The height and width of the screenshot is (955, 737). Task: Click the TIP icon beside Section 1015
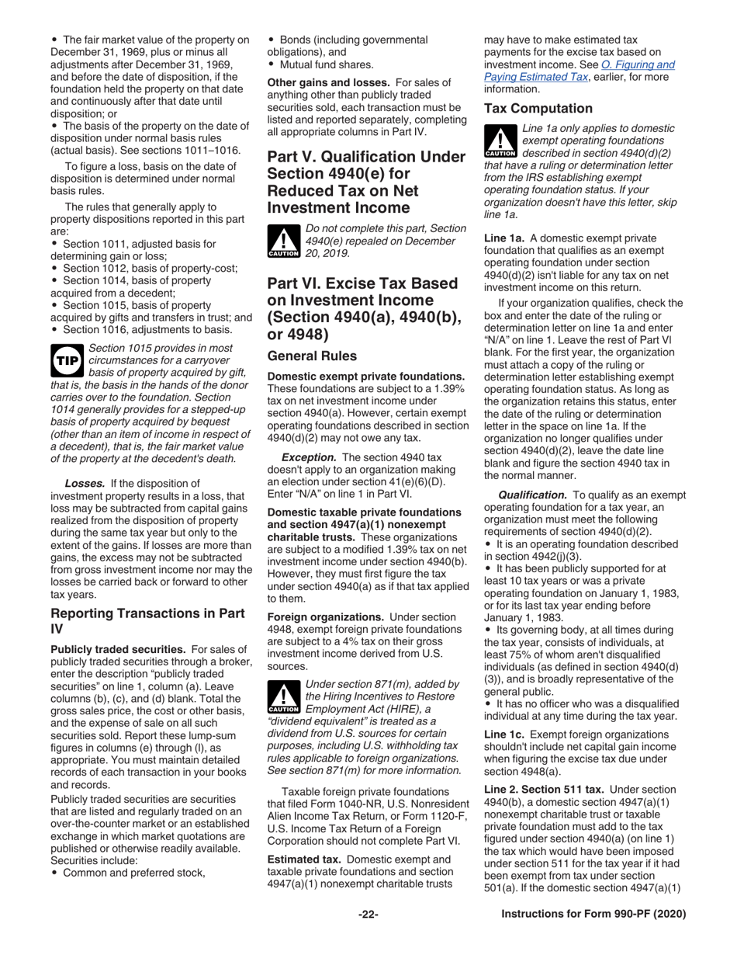tap(67, 361)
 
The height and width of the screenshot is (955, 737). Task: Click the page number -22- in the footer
tap(368, 915)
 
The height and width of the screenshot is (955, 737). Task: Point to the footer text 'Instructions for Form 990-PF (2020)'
tap(593, 915)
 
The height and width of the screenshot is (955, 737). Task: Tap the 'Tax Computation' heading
tap(538, 109)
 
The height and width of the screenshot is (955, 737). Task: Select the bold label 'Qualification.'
tap(532, 495)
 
